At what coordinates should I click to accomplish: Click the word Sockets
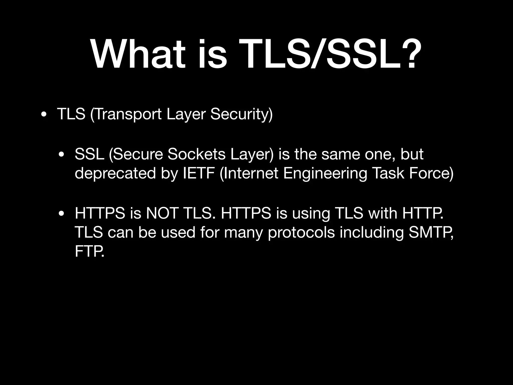tap(197, 154)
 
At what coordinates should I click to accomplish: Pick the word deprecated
tap(115, 173)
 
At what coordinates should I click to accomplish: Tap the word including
tap(372, 232)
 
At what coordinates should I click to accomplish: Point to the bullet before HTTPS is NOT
tap(61, 214)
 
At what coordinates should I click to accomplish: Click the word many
tap(243, 232)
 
